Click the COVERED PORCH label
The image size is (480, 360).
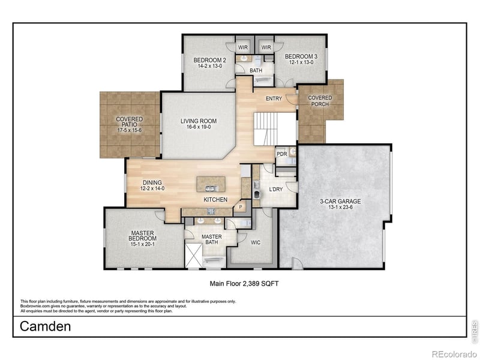(320, 101)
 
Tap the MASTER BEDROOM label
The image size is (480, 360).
(142, 238)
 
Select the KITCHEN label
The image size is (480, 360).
(214, 199)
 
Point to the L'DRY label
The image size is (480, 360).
(276, 190)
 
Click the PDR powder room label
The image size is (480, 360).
(281, 154)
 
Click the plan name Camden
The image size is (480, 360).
(46, 327)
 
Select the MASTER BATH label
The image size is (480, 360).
(211, 239)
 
